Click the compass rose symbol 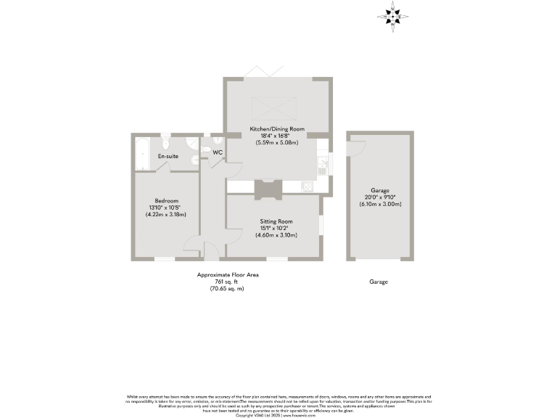(x=392, y=15)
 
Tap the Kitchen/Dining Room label (x=276, y=129)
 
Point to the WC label (x=218, y=152)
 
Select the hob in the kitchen (x=308, y=187)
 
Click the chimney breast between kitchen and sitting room (x=266, y=188)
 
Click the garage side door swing (x=355, y=146)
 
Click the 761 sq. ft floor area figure (x=227, y=282)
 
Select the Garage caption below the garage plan (x=378, y=282)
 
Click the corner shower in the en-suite (x=193, y=143)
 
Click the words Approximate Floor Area (x=227, y=275)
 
